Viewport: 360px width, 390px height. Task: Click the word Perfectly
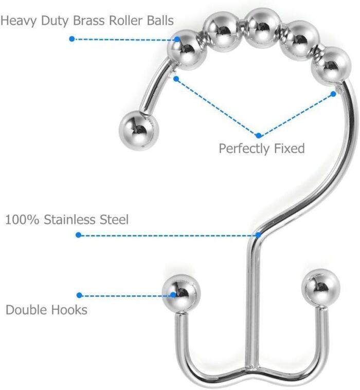point(244,148)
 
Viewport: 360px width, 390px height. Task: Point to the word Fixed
point(290,148)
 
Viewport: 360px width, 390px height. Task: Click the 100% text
point(22,220)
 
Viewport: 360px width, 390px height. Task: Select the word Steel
point(114,219)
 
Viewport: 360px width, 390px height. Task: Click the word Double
point(24,310)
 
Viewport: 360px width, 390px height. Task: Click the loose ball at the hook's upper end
point(139,131)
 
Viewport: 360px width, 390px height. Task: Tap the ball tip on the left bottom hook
point(181,293)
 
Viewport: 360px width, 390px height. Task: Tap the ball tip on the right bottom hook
point(321,288)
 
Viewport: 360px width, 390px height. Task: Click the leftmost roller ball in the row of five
point(187,50)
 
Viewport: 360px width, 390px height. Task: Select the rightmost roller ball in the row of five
point(331,66)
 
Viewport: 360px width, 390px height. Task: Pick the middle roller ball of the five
point(262,27)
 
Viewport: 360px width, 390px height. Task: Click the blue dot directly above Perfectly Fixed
point(259,136)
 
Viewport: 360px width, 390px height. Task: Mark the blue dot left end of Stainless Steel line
point(78,235)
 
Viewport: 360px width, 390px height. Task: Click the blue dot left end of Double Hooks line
point(79,295)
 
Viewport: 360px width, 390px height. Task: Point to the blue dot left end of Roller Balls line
point(72,39)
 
